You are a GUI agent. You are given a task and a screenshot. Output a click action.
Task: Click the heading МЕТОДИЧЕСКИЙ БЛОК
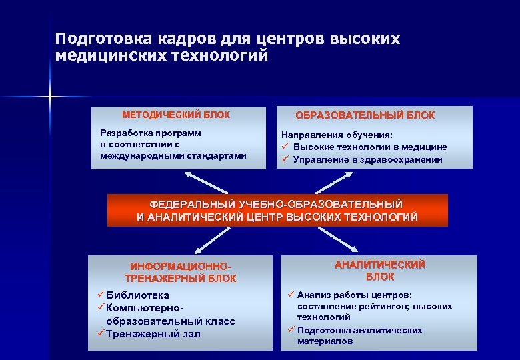pyautogui.click(x=175, y=115)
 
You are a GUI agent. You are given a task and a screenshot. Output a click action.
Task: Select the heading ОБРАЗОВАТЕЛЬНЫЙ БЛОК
pyautogui.click(x=365, y=115)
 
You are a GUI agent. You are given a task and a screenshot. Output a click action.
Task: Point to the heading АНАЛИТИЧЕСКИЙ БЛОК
pyautogui.click(x=379, y=270)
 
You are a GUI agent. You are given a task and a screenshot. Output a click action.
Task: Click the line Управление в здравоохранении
pyautogui.click(x=367, y=159)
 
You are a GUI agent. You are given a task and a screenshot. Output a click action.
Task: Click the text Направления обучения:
pyautogui.click(x=337, y=134)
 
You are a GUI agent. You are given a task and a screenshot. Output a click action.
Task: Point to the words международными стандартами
pyautogui.click(x=173, y=155)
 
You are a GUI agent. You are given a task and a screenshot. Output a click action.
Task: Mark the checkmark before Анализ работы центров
pyautogui.click(x=291, y=295)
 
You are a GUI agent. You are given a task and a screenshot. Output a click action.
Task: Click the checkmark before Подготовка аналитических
pyautogui.click(x=291, y=330)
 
